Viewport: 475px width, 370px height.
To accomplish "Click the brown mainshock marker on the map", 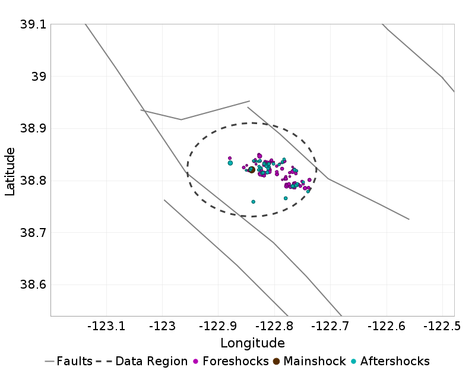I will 252,170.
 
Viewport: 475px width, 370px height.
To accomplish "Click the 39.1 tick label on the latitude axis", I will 33,25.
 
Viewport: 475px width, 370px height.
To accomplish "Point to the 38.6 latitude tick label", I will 33,285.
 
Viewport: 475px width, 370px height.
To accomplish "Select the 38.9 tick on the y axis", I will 33,129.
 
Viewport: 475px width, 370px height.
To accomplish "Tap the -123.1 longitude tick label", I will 107,325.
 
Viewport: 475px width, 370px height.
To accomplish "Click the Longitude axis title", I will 252,343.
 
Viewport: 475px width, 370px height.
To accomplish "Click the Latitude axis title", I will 10,172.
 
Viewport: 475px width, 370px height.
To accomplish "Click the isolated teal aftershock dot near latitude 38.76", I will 254,202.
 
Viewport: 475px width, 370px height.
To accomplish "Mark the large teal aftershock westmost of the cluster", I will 230,163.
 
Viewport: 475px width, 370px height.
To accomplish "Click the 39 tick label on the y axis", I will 39,77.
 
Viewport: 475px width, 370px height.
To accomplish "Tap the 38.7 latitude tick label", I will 33,233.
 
